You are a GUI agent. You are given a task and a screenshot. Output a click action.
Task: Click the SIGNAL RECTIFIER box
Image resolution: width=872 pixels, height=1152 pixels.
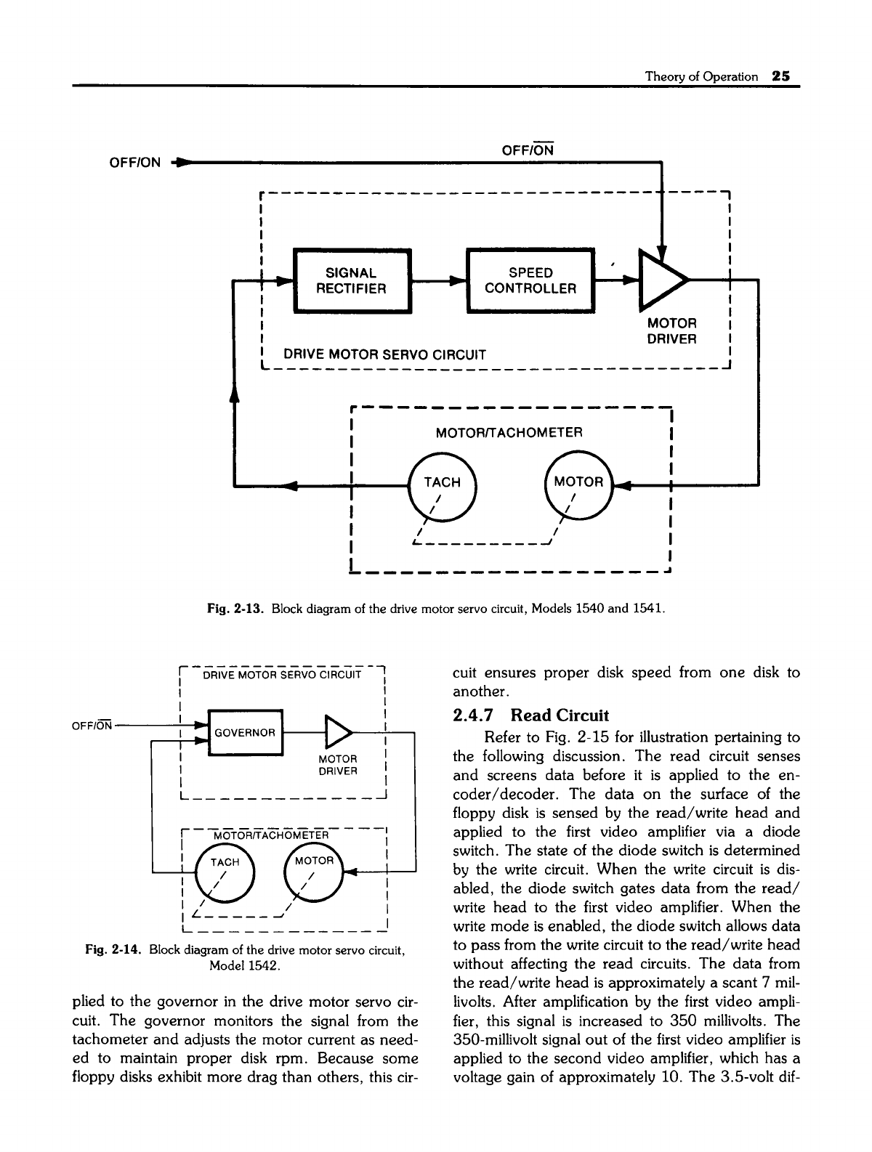[351, 280]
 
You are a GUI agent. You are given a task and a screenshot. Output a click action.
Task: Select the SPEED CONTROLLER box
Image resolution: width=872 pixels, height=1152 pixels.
[530, 280]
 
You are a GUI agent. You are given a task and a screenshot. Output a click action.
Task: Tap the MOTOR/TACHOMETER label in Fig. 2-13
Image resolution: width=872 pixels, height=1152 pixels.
[509, 434]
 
